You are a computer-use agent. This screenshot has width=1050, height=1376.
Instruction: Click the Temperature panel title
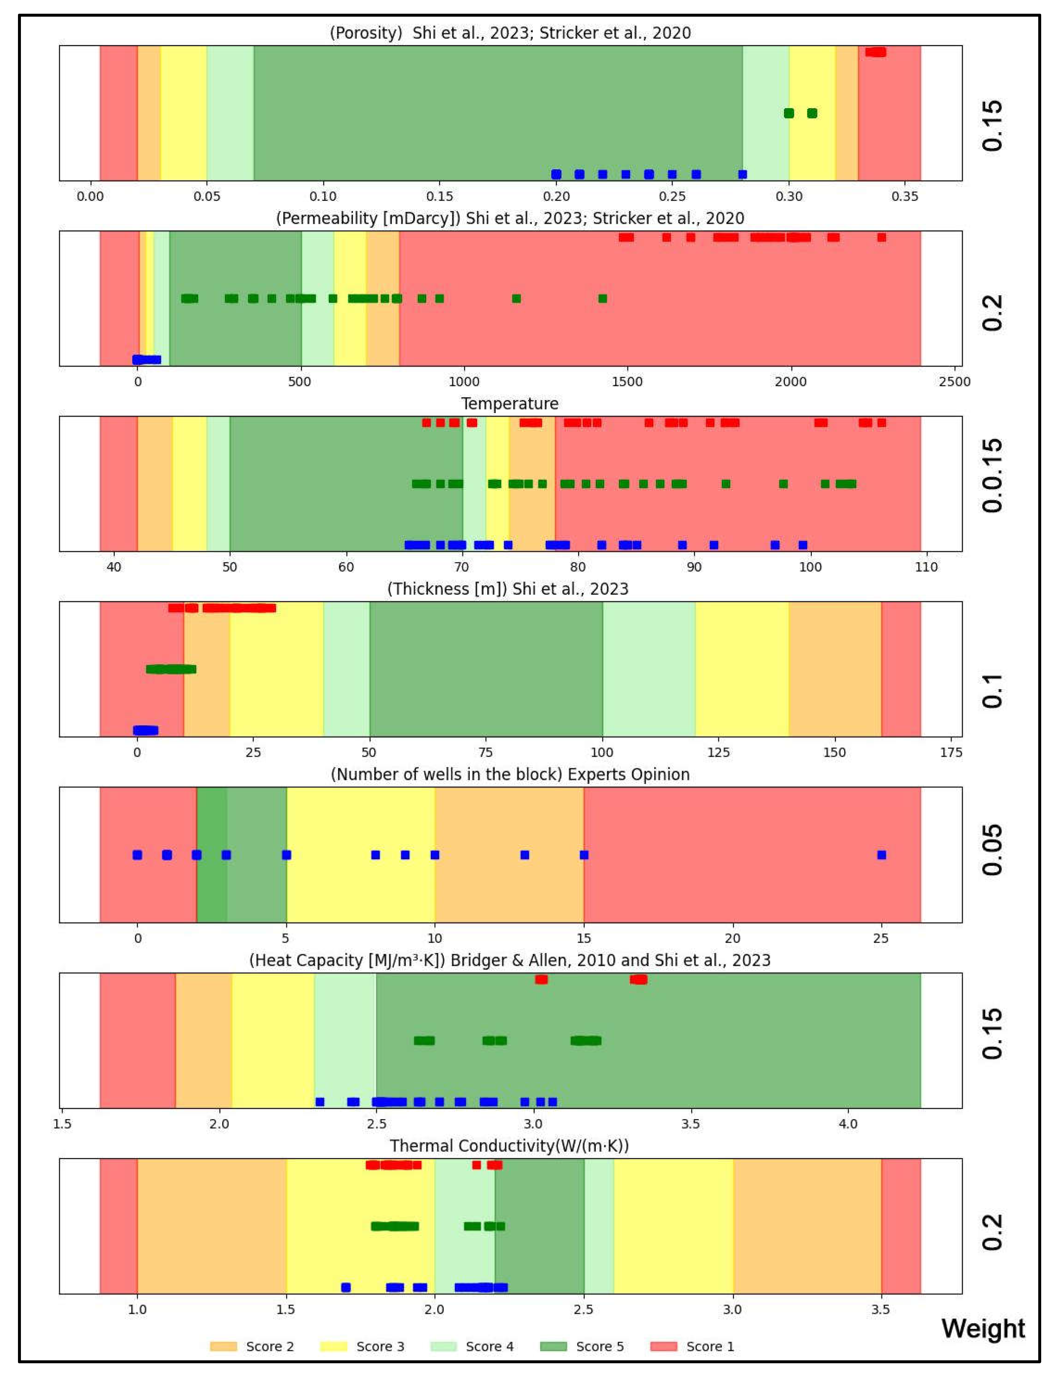click(x=509, y=404)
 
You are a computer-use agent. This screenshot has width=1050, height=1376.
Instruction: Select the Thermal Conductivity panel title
click(x=509, y=1145)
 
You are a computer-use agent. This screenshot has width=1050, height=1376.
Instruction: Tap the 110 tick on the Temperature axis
click(x=926, y=567)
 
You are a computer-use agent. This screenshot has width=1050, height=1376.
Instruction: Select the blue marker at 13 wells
click(x=525, y=855)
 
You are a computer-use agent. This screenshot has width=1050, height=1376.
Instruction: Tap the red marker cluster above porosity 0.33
click(x=875, y=52)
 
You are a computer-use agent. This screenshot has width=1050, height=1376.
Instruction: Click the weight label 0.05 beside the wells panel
click(x=992, y=850)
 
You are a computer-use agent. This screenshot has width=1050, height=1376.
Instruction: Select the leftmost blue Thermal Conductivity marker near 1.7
click(x=346, y=1287)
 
